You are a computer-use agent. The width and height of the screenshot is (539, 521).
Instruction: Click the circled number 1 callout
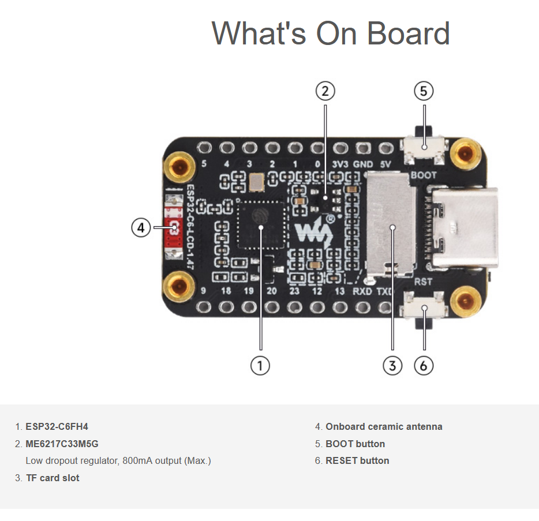(x=260, y=365)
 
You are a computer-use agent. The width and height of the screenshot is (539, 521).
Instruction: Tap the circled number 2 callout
(x=325, y=91)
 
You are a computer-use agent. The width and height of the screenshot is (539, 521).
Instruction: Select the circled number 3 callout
(x=392, y=365)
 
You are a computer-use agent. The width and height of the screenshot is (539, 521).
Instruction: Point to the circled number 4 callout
(x=140, y=228)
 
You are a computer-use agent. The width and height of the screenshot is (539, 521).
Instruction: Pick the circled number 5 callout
(x=424, y=91)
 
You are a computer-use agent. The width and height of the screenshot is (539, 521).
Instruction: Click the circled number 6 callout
(x=424, y=365)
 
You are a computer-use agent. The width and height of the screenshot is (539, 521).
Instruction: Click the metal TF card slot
(x=390, y=225)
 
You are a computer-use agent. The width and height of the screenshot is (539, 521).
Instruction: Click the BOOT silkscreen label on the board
(x=423, y=174)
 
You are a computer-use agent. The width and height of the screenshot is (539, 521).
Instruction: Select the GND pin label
(x=364, y=164)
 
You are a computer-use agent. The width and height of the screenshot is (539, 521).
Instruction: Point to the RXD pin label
(x=362, y=291)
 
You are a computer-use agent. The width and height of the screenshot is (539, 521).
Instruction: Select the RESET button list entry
(x=357, y=460)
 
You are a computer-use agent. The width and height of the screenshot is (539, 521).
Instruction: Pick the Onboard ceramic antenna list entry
(x=384, y=427)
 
